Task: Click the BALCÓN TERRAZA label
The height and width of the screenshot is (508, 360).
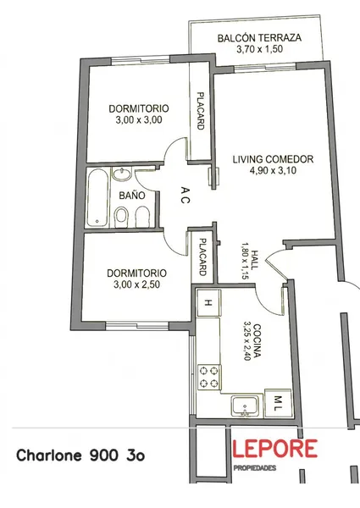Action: point(259,38)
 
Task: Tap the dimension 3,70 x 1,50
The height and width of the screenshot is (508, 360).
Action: point(259,49)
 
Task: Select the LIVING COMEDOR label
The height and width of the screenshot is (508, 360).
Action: point(273,159)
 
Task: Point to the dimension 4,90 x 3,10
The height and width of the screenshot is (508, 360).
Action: point(273,170)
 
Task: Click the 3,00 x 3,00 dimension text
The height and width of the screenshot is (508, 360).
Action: point(139,120)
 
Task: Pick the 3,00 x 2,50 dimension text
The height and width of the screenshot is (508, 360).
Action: point(136,284)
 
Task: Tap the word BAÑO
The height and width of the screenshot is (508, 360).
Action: point(132,196)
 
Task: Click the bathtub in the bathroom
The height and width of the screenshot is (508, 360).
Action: point(97,197)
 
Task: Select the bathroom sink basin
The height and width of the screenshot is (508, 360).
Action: point(121,174)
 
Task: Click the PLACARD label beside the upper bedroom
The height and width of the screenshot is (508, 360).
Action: point(201,111)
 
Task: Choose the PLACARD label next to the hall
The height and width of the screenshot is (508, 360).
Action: point(202,257)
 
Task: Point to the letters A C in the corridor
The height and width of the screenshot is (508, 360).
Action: point(185,195)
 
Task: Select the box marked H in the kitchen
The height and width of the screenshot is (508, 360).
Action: point(209,303)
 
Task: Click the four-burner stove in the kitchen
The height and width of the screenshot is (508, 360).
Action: point(209,377)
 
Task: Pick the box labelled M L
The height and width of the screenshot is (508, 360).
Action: point(278,403)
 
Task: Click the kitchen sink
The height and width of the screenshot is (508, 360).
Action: point(246,405)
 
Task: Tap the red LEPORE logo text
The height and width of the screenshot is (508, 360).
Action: point(274,449)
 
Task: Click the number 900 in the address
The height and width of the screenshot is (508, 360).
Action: point(103,456)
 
